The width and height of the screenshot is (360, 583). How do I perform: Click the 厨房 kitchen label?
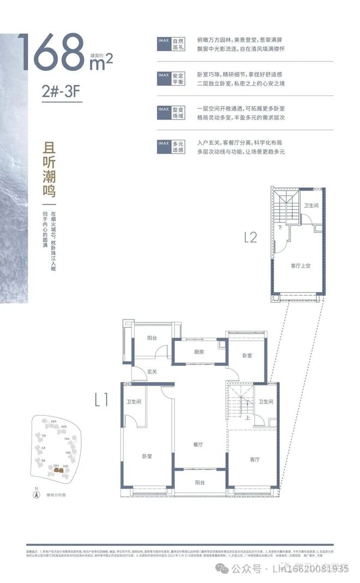click(198, 352)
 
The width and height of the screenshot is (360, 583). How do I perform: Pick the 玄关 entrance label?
click(152, 372)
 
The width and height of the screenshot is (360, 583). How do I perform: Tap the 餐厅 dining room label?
click(198, 444)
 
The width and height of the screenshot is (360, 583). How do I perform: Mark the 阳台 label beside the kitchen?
click(152, 338)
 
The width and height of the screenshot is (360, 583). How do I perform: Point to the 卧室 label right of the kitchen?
click(247, 355)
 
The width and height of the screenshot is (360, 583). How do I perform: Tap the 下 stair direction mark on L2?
click(280, 227)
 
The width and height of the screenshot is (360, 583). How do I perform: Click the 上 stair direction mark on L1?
click(248, 419)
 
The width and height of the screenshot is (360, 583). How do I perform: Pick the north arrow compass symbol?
click(37, 495)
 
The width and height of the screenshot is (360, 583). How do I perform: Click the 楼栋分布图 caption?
click(57, 495)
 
